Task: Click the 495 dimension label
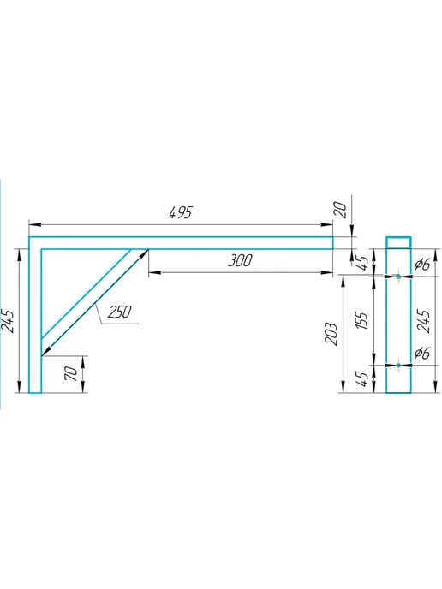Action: click(x=181, y=212)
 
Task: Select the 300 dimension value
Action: click(x=240, y=260)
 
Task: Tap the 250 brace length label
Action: click(x=120, y=312)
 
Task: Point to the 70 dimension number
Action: click(x=71, y=373)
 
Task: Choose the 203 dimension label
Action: click(x=331, y=334)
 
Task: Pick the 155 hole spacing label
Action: click(x=361, y=320)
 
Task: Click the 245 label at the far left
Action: click(x=9, y=321)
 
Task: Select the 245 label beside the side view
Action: click(x=424, y=321)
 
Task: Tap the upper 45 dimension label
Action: click(x=362, y=263)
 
